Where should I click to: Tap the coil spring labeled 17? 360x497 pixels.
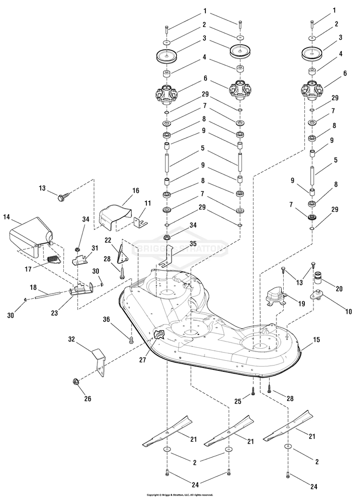(54, 259)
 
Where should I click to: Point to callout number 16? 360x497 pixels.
(135, 190)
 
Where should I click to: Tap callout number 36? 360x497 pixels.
(106, 320)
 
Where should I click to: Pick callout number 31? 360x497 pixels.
(95, 248)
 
